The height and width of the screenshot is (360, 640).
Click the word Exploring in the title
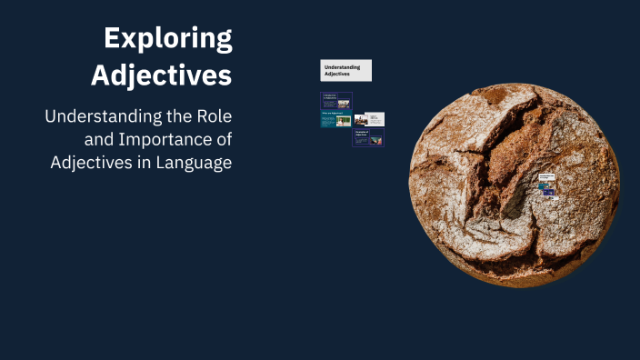[x=167, y=38]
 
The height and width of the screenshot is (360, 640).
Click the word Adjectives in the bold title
[x=161, y=75]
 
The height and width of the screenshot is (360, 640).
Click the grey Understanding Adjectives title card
[x=345, y=70]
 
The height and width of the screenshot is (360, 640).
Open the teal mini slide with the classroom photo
[x=335, y=120]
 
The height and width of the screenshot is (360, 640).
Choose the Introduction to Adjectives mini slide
[x=335, y=101]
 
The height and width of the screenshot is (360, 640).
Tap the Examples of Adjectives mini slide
[x=368, y=137]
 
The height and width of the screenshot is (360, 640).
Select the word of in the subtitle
[x=223, y=141]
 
